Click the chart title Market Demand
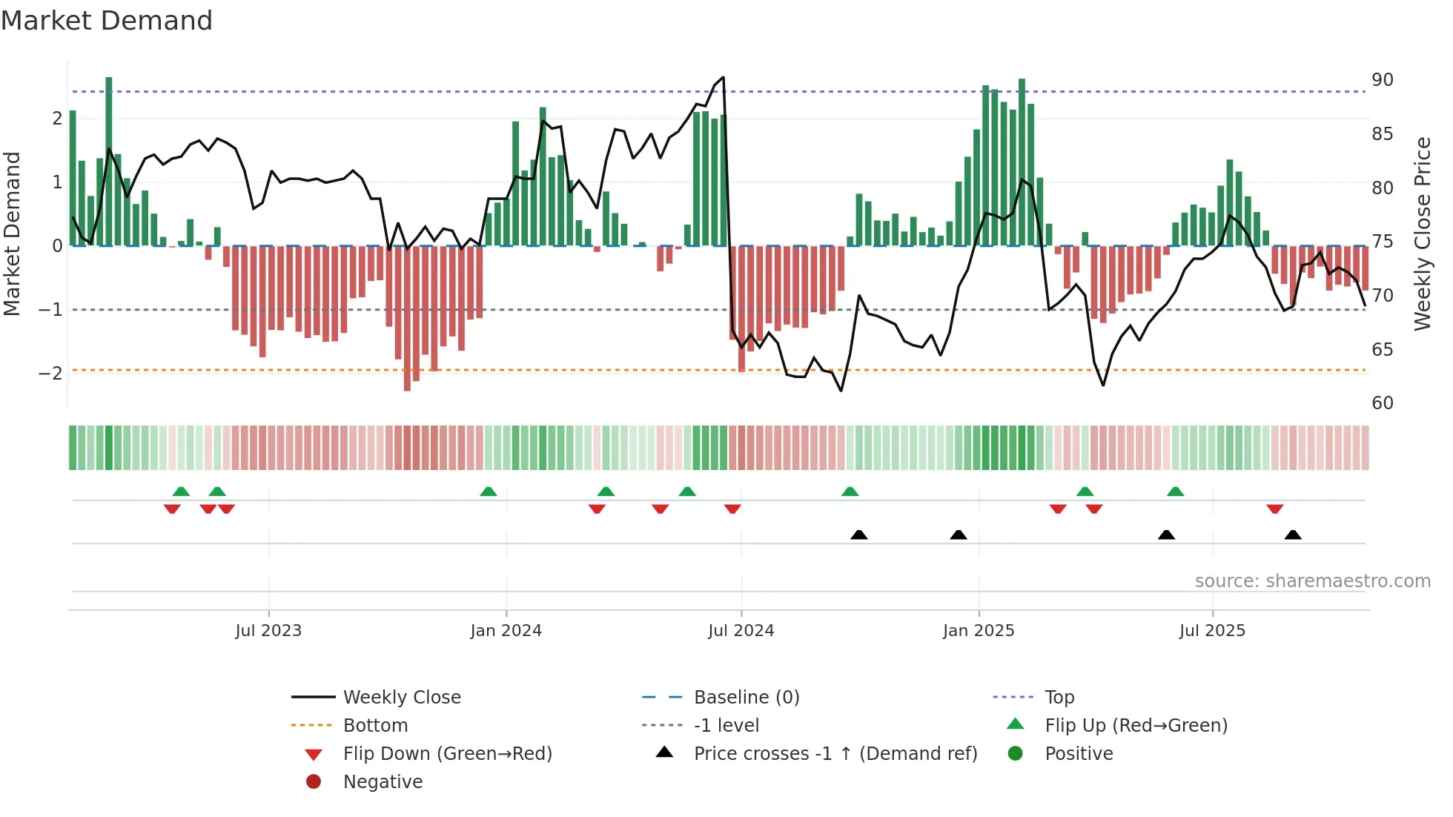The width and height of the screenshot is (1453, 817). (107, 21)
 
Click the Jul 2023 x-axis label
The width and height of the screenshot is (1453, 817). (268, 631)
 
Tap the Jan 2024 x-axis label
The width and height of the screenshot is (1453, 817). (506, 631)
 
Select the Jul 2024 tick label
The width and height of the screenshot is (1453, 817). (741, 631)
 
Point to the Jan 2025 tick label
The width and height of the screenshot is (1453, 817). (979, 631)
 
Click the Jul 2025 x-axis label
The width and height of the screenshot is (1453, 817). (1212, 631)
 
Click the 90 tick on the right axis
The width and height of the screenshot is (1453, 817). (1382, 80)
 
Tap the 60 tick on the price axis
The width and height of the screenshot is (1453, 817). (1382, 403)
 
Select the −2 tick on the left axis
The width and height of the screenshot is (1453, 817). (50, 373)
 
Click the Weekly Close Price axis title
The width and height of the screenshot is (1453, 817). (1422, 234)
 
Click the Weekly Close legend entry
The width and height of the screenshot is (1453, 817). (401, 698)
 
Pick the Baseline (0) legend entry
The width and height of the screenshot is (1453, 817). (746, 698)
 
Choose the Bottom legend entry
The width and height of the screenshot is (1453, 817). (375, 726)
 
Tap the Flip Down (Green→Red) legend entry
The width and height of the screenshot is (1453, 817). (447, 754)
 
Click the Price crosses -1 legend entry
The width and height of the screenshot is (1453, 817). (835, 754)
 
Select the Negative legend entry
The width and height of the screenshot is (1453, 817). (383, 782)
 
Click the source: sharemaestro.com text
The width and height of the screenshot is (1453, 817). (1312, 581)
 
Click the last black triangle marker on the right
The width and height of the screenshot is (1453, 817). (1293, 535)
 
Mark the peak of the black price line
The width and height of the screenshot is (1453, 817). (723, 77)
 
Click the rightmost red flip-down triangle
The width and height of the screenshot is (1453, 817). (1274, 509)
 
